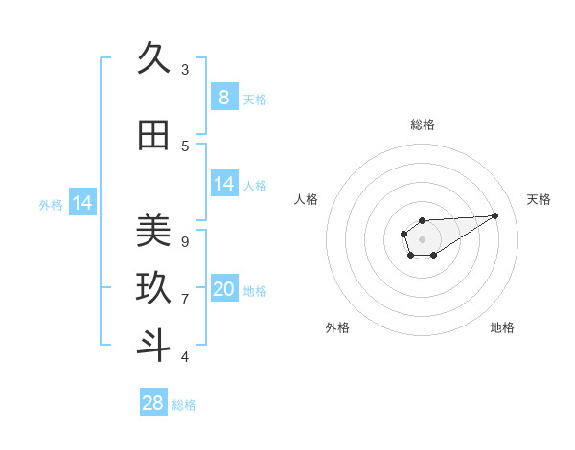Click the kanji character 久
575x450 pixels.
pos(153,59)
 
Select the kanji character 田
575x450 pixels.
pos(153,136)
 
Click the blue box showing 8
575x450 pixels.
pos(223,97)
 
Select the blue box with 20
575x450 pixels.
pos(223,289)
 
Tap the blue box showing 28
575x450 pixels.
pos(153,403)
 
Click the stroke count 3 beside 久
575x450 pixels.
pos(185,69)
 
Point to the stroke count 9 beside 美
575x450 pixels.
pos(185,241)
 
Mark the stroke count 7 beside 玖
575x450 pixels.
pos(185,299)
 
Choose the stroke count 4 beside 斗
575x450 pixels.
pos(185,356)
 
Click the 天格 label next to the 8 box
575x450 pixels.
pos(255,99)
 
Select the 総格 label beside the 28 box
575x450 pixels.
pos(184,405)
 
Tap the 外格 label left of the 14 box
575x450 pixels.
pos(51,204)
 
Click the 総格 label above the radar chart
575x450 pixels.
pos(423,124)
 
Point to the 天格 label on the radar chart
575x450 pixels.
pos(539,199)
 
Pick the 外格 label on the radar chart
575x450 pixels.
pos(337,327)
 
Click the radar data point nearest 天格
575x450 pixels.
pos(495,214)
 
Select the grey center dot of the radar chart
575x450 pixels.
pos(422,238)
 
